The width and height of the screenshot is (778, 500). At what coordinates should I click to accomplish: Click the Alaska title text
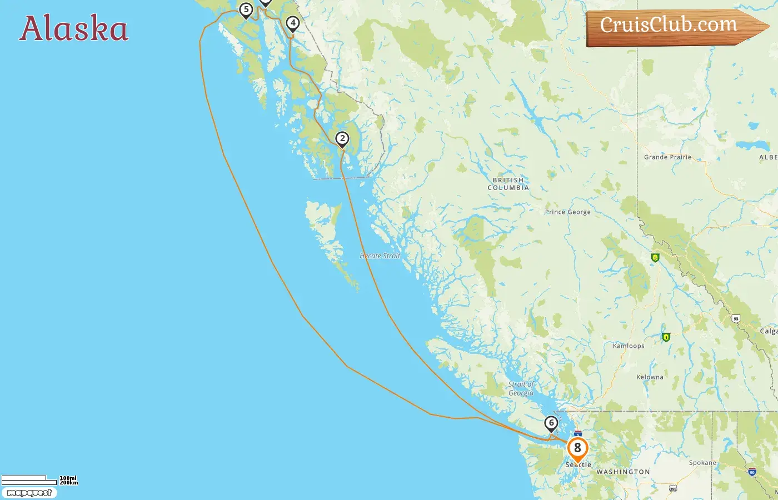74,29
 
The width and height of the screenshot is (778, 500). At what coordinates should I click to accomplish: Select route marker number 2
342,139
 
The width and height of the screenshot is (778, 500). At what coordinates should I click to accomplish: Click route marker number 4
293,23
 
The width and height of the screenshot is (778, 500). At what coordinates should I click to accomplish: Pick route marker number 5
246,10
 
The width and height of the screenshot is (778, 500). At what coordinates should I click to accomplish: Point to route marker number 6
551,423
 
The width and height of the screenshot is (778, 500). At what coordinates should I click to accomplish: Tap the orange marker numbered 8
577,448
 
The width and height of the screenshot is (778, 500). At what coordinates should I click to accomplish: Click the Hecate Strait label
380,256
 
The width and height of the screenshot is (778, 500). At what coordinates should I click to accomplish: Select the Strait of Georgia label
521,389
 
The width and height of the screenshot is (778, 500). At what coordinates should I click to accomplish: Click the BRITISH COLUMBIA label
508,184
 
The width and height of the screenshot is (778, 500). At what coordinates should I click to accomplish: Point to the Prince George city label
567,212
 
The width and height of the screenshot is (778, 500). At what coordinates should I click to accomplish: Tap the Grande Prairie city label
667,157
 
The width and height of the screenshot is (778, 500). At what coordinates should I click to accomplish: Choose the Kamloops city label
629,346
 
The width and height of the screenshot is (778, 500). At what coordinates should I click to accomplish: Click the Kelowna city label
650,377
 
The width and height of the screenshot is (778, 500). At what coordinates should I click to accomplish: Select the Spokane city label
702,463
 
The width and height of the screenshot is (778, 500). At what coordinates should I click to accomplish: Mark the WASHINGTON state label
623,472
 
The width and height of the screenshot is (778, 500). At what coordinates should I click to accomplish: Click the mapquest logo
29,493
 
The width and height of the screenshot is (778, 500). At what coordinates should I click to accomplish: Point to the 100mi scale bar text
68,478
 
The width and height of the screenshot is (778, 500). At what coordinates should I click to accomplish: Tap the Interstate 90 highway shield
752,472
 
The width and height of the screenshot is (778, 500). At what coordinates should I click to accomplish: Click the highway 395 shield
673,489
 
